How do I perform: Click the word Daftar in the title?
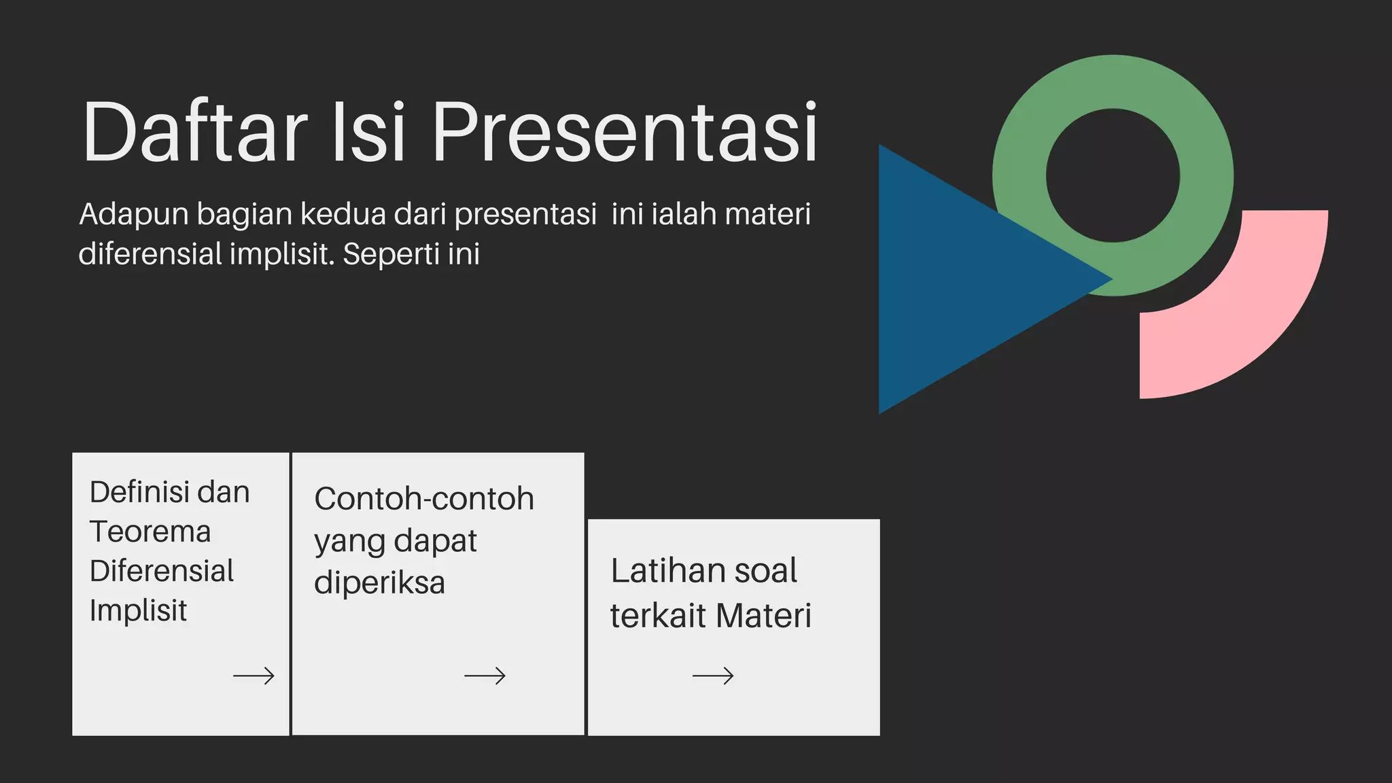coord(194,132)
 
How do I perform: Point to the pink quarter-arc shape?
coord(1257,326)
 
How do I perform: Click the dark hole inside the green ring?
coord(1113,175)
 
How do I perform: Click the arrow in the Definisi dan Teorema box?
coord(254,676)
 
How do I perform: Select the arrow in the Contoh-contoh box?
coord(485,676)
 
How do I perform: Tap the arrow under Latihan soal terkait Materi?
coord(713,676)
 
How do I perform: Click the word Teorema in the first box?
coord(150,532)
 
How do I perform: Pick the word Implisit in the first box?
coord(138,610)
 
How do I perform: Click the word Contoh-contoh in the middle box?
coord(424,499)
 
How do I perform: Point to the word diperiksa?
coord(379,583)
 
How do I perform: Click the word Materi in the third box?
coord(763,616)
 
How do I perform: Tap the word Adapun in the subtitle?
coord(134,215)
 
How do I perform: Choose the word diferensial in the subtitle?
coord(150,254)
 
